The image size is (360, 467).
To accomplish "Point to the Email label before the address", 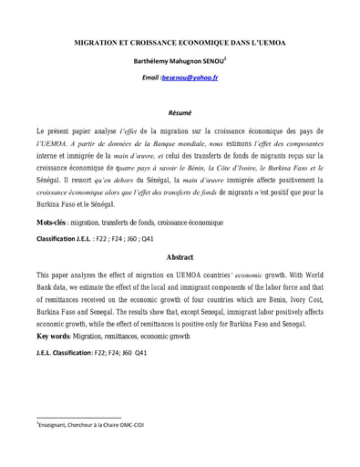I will click(x=149, y=78).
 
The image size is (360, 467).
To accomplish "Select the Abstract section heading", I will click(x=180, y=258).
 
